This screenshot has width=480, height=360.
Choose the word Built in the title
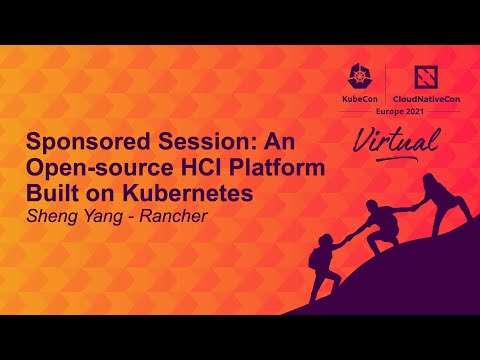(x=51, y=193)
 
